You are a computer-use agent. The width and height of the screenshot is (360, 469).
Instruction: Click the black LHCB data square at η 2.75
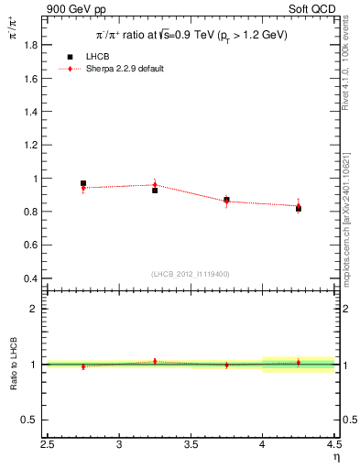[x=83, y=184]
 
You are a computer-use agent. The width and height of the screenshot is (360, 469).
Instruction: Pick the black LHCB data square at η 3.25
[x=155, y=191]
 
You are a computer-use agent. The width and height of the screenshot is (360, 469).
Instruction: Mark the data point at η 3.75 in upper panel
[x=226, y=200]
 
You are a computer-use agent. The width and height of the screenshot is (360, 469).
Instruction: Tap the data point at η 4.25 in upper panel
[x=298, y=209]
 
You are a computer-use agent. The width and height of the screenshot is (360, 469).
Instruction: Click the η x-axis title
[x=336, y=457]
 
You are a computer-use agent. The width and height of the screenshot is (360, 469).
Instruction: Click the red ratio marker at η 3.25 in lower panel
[x=155, y=361]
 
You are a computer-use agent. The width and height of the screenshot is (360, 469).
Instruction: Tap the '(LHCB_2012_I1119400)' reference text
[x=191, y=274]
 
